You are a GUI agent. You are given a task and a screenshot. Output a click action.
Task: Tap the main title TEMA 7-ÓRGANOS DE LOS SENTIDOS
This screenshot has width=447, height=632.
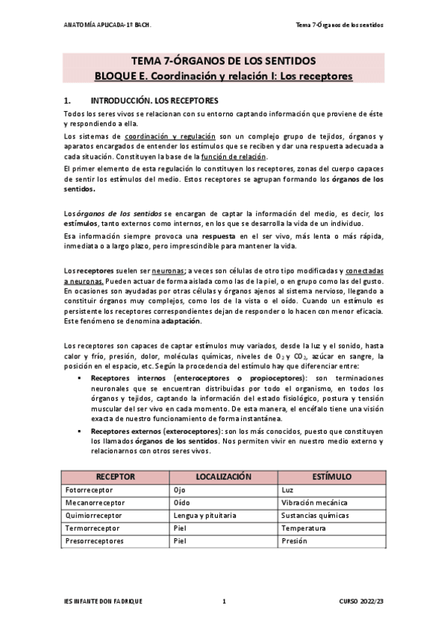(224, 60)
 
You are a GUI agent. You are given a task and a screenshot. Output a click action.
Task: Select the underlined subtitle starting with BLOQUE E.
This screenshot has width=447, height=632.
(224, 76)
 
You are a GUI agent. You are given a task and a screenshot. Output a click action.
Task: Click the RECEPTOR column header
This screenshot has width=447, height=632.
(116, 476)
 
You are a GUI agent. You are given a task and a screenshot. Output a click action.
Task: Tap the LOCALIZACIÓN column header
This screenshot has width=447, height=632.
(223, 476)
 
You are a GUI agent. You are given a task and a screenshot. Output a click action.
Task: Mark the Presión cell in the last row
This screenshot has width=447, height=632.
(295, 540)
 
